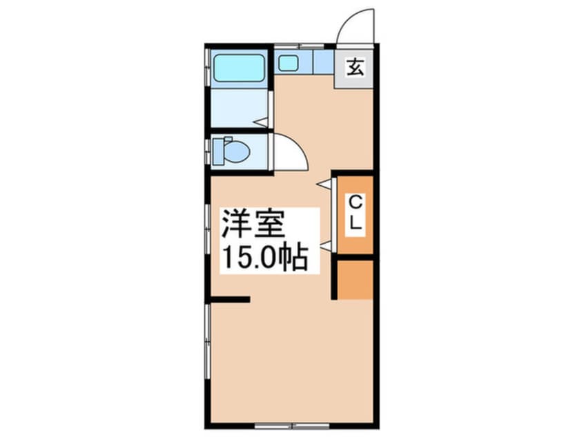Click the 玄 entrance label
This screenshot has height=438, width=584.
(355, 68)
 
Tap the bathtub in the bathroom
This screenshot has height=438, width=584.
(240, 68)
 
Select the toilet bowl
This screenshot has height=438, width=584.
(237, 151)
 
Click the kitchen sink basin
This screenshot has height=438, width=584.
(289, 63)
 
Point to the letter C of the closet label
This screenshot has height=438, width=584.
(356, 202)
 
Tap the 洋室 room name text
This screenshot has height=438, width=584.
(253, 224)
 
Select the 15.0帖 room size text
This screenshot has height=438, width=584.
(265, 257)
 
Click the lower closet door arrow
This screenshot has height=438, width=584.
(326, 245)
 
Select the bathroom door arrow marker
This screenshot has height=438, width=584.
(260, 122)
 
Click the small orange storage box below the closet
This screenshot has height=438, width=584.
(355, 280)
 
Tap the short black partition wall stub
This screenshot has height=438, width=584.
(230, 299)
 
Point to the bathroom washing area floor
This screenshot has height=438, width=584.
(240, 108)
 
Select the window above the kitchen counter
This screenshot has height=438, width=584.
(299, 46)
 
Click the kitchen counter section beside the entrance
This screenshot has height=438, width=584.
(323, 62)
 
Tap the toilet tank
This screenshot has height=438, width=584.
(218, 151)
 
